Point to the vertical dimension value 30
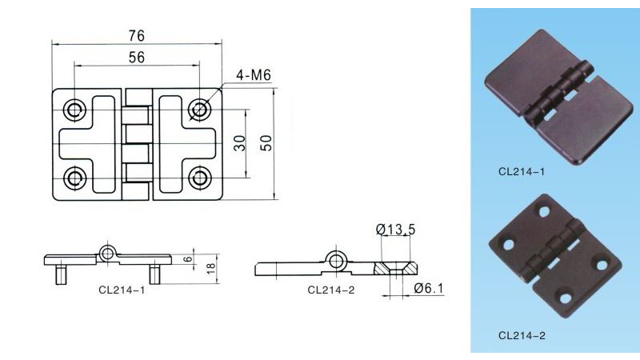tap(239, 142)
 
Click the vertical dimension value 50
tap(266, 142)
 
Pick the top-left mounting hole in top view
tap(74, 109)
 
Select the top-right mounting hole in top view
tap(198, 109)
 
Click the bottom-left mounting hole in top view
tap(74, 176)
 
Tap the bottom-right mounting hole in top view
tap(198, 176)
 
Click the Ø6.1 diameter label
tap(429, 289)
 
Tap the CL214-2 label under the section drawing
tap(330, 290)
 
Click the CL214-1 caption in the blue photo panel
tap(522, 170)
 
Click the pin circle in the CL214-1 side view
tap(108, 254)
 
